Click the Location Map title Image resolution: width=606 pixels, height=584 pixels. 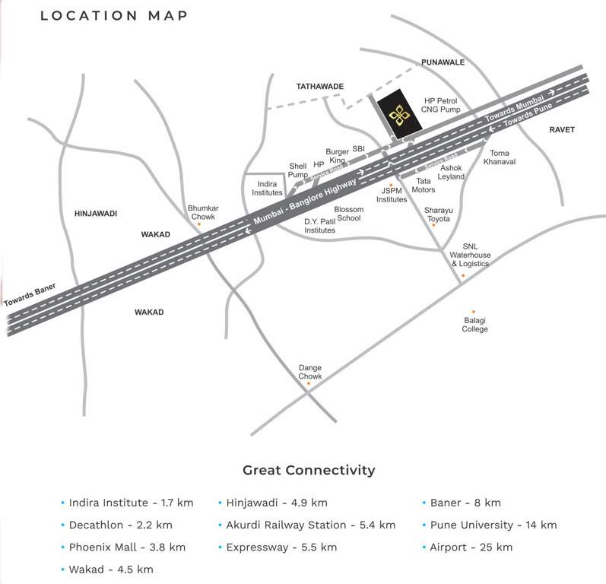tap(113, 15)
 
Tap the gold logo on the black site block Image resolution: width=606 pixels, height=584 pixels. tap(398, 115)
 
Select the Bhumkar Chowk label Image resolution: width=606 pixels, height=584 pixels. tap(201, 211)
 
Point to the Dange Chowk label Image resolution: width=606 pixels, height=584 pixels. tap(310, 371)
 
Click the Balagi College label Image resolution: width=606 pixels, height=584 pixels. tap(474, 324)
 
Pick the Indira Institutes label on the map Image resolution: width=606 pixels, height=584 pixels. tap(267, 188)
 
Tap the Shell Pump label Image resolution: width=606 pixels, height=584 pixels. tap(298, 170)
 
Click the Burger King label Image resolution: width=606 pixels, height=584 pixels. tap(336, 156)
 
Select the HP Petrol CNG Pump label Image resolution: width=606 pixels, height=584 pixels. tap(442, 105)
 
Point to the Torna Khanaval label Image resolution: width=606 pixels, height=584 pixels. tap(500, 157)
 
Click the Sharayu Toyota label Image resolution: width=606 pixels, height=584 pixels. tap(437, 214)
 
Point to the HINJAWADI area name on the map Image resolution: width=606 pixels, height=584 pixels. tap(95, 214)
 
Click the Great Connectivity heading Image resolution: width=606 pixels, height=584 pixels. tap(309, 470)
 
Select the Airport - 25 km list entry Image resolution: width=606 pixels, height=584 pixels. tap(471, 547)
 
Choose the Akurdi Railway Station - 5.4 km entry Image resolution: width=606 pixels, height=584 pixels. tap(310, 525)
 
